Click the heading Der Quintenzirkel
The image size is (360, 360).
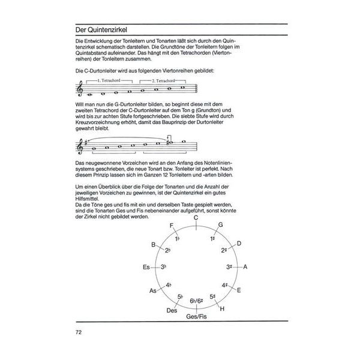(101, 29)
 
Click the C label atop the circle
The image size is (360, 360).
(196, 218)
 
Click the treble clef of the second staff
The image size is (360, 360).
(82, 146)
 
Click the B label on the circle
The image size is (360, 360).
(154, 244)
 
